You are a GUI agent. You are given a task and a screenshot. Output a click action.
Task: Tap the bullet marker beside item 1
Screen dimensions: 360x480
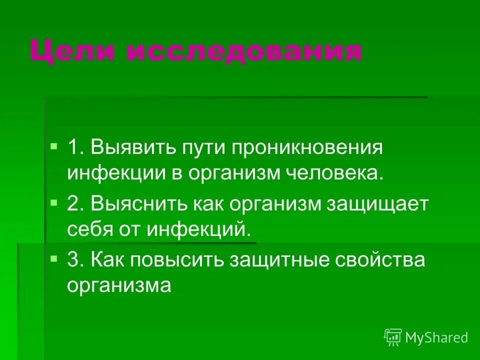(54, 146)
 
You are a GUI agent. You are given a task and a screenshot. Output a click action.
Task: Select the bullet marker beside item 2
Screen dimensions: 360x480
(54, 203)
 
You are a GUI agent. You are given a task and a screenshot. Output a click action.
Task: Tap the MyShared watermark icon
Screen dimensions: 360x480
(393, 337)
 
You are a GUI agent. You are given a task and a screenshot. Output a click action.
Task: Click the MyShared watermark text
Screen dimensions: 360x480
(436, 338)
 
